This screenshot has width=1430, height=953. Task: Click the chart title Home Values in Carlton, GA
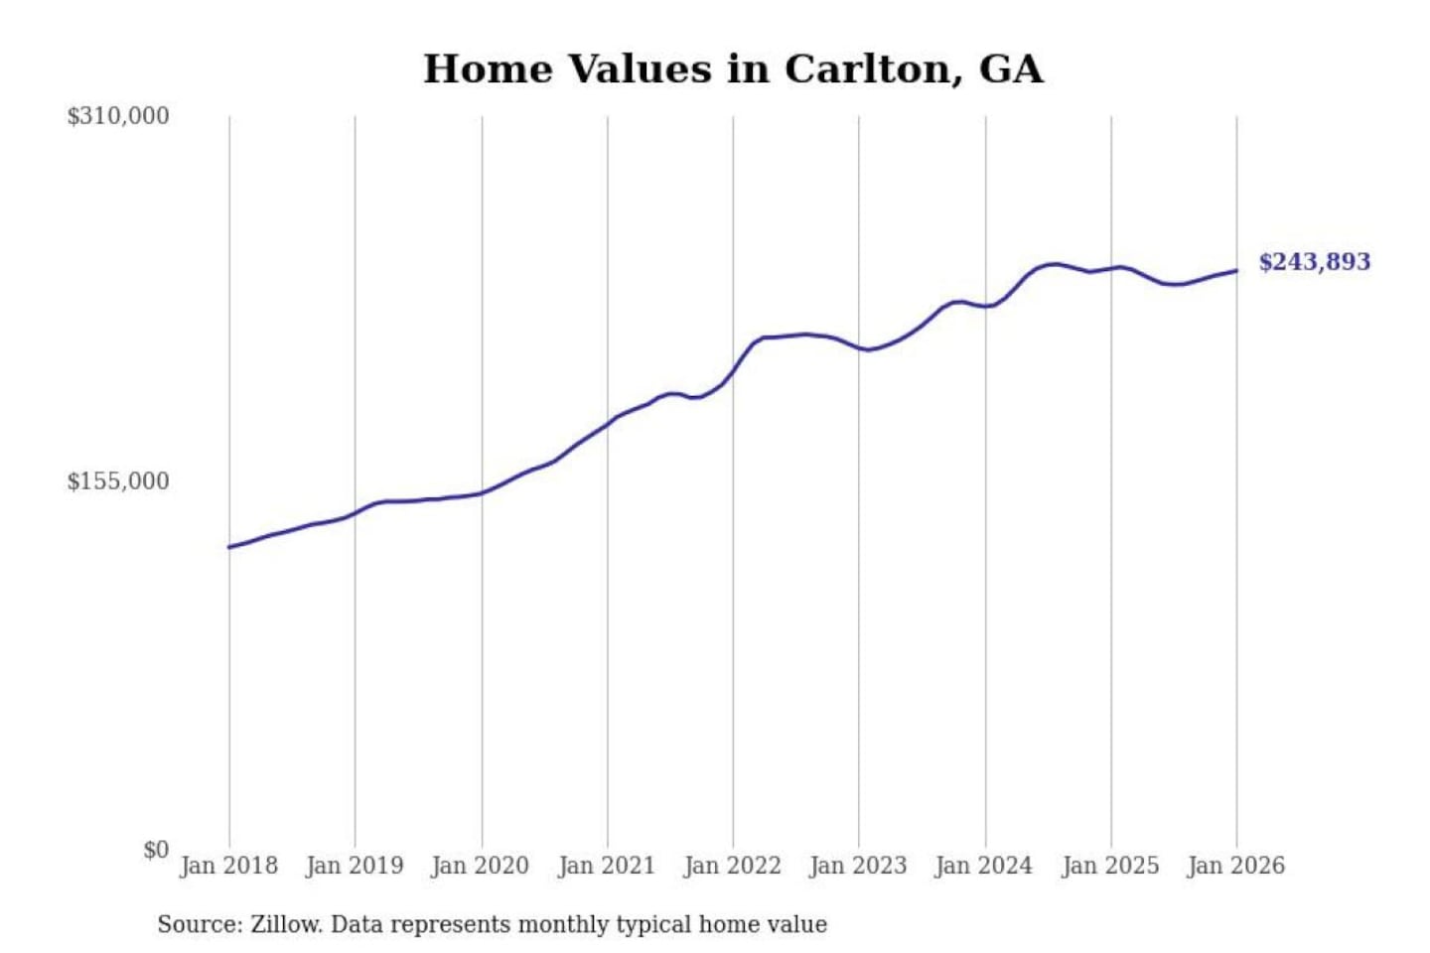733,69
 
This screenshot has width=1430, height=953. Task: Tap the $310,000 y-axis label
117,116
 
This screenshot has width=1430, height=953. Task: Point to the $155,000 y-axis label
117,481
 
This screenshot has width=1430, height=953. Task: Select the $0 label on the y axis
156,850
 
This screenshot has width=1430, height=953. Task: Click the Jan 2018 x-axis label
228,866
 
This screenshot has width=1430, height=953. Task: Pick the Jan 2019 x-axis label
355,866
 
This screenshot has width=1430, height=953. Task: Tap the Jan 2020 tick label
480,866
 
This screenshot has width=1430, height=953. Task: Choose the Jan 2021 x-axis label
607,866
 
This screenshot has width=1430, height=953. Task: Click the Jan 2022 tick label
733,866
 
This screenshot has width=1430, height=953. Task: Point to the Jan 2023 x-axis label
858,866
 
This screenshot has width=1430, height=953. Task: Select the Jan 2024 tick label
984,866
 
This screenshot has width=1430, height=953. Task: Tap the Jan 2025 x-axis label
1110,866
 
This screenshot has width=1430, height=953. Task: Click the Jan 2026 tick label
1236,866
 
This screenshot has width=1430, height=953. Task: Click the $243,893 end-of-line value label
1314,262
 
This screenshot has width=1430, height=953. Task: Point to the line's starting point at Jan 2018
229,547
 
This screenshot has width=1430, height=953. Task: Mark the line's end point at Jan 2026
1236,271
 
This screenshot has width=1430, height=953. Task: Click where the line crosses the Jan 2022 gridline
734,372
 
